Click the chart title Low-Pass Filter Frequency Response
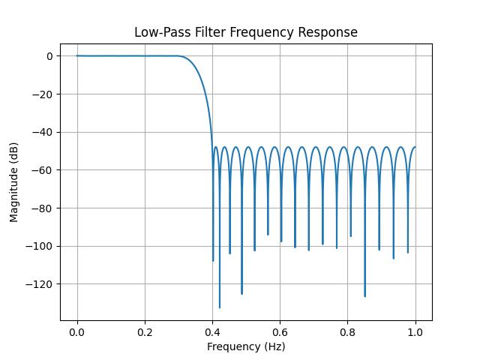(246, 32)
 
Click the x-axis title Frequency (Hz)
(246, 346)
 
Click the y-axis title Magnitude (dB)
(15, 182)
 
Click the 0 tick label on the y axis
(49, 56)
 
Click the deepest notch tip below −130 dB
(220, 307)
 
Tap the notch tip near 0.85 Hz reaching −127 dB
(365, 296)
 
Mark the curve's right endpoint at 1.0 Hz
(415, 147)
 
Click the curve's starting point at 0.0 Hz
(77, 55)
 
